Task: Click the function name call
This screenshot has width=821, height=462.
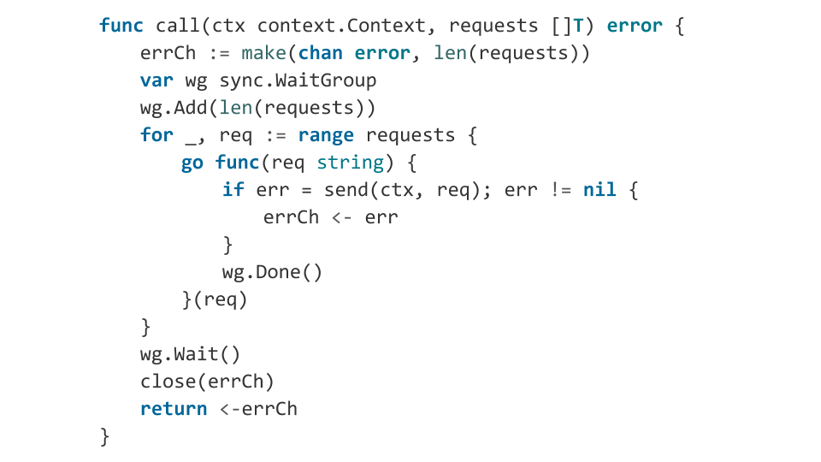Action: tap(177, 25)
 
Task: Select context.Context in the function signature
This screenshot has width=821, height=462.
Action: tap(341, 25)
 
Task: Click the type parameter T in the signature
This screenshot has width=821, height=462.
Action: tap(578, 25)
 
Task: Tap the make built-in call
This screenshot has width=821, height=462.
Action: tap(263, 52)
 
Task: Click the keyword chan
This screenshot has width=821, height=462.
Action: tap(320, 52)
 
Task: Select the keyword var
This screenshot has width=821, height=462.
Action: tap(156, 80)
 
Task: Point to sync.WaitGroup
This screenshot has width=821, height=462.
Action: tap(298, 80)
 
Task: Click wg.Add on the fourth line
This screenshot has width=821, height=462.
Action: tap(174, 108)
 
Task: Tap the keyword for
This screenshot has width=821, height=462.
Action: tap(156, 134)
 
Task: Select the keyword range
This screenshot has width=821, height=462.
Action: tap(326, 135)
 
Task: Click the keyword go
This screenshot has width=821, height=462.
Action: tap(192, 163)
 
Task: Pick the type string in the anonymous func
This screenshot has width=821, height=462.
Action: tap(351, 163)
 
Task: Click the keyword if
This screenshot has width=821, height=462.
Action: tap(233, 189)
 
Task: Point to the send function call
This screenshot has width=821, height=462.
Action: tap(346, 189)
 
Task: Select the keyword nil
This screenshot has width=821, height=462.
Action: tap(600, 189)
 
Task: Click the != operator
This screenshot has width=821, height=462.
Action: tap(561, 190)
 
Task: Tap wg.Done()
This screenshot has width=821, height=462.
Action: tap(272, 272)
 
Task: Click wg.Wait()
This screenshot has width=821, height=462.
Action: tap(190, 354)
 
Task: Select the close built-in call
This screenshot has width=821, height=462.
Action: tap(168, 381)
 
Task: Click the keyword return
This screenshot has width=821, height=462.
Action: tap(174, 409)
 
